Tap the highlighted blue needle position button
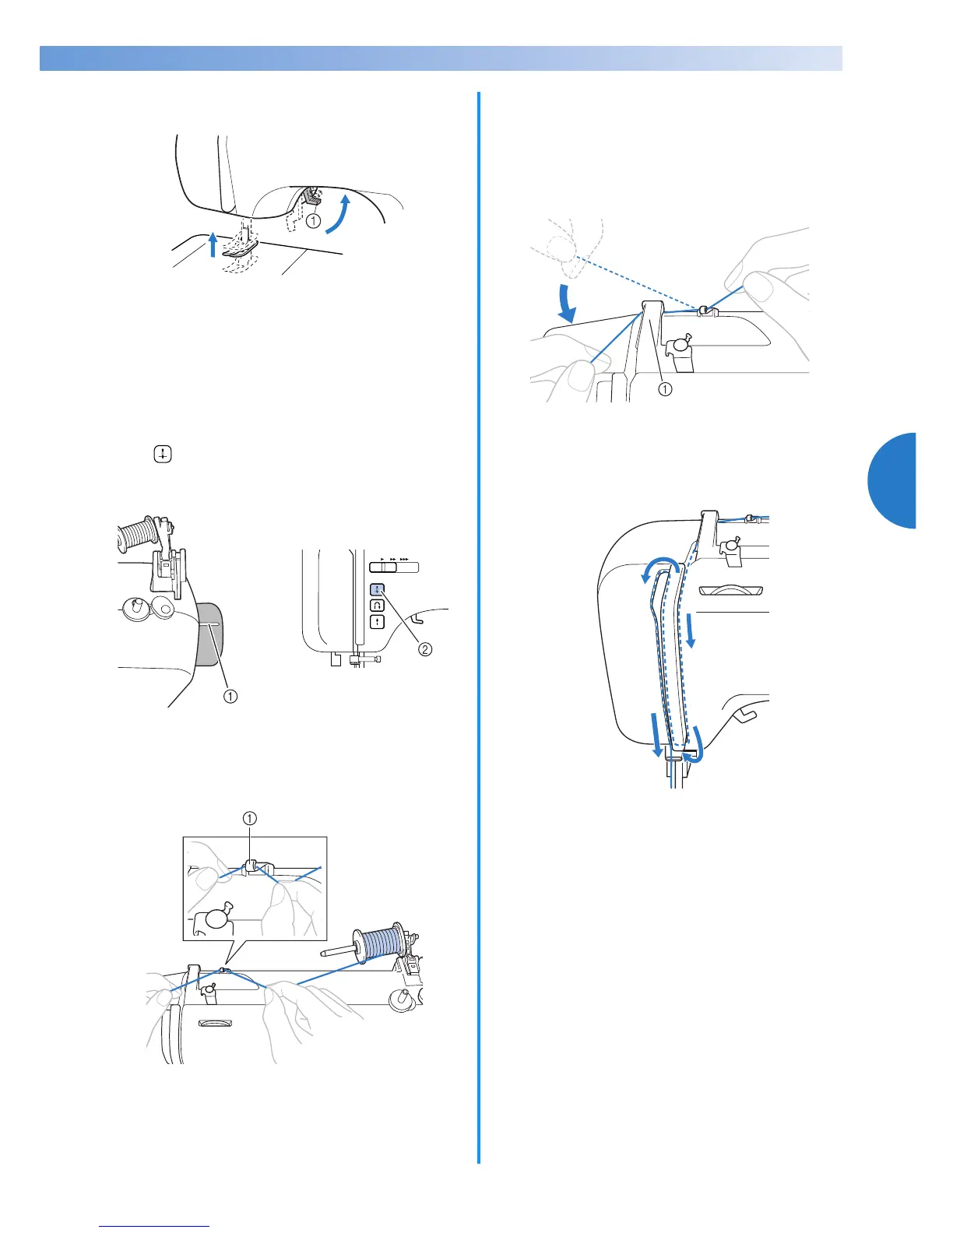point(377,589)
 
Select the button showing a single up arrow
point(377,621)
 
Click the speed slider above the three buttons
point(394,567)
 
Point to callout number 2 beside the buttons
point(425,648)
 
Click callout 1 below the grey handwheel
point(230,696)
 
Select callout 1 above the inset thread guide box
point(249,818)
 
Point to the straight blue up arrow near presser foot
point(213,244)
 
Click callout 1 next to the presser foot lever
point(313,221)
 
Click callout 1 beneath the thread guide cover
point(665,390)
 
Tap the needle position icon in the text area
point(162,455)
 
